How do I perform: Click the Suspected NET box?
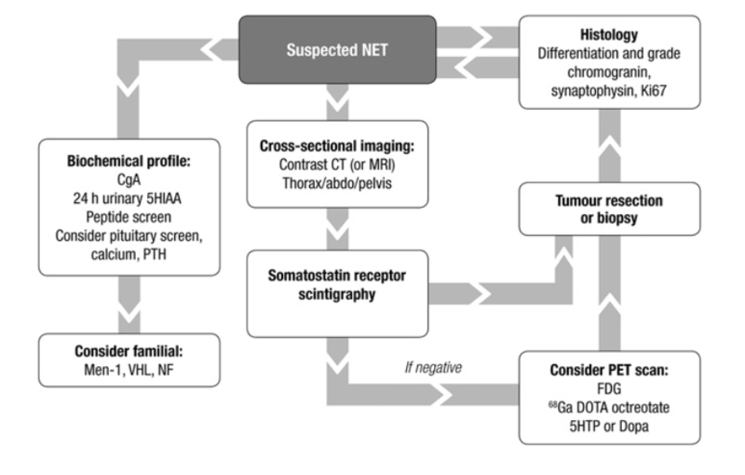point(337,50)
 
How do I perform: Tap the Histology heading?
point(609,34)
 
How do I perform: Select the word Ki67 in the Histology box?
point(654,90)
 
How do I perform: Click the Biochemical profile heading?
point(129,161)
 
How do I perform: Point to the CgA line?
point(129,180)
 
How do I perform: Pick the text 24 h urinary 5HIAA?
point(127,198)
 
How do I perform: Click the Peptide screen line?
point(129,217)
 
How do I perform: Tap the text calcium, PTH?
point(129,254)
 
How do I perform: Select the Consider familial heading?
point(129,351)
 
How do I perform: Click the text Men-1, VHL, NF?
point(129,370)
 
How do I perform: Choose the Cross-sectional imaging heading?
point(337,146)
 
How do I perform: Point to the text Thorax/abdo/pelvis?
point(337,183)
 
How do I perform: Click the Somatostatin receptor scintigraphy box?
point(337,293)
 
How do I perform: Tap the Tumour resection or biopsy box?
point(609,209)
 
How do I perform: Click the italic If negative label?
point(433,367)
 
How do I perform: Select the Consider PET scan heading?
point(609,370)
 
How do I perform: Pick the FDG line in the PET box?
point(609,388)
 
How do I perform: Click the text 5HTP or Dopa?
point(609,426)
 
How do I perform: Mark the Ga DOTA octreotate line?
point(609,407)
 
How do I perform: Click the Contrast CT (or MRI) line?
point(337,164)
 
